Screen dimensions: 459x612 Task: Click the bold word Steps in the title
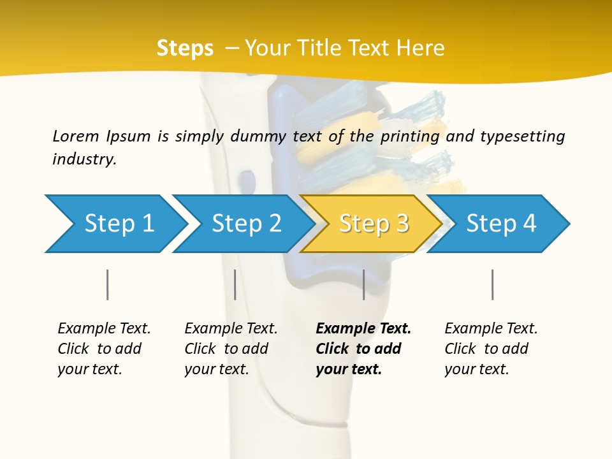[185, 48]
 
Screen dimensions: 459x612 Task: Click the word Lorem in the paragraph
[75, 136]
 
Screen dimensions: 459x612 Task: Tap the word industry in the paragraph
[84, 159]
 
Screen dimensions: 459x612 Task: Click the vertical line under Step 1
[108, 284]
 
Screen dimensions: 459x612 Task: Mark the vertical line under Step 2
[235, 284]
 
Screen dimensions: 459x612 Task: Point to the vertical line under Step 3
[363, 284]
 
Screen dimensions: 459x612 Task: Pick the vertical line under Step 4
[492, 284]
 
